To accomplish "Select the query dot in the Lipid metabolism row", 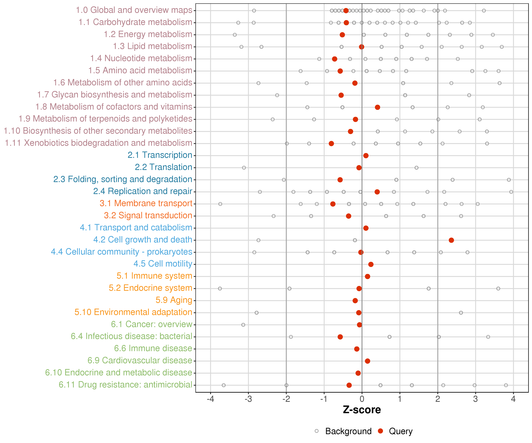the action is pyautogui.click(x=361, y=47).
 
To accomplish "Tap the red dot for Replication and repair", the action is pyautogui.click(x=377, y=192).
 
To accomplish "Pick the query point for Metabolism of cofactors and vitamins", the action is pyautogui.click(x=377, y=107).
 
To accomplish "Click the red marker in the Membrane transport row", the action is pyautogui.click(x=333, y=204).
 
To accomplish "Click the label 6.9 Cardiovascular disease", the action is pyautogui.click(x=140, y=360).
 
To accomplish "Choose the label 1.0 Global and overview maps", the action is pyautogui.click(x=134, y=10).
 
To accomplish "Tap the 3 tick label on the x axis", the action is pyautogui.click(x=476, y=399).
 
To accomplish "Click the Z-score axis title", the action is pyautogui.click(x=362, y=410).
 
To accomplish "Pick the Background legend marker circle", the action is pyautogui.click(x=317, y=431).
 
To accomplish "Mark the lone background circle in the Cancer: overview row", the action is pyautogui.click(x=243, y=325).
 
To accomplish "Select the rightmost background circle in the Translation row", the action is pyautogui.click(x=416, y=168).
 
